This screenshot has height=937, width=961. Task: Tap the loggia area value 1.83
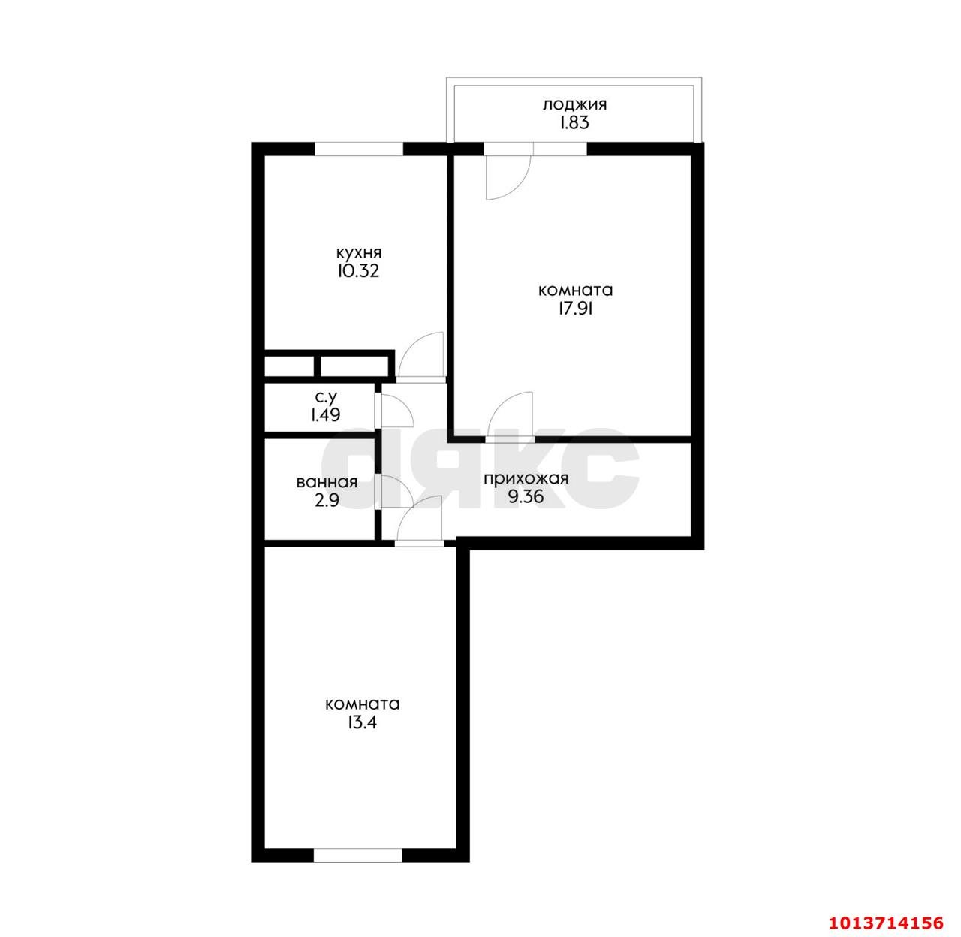(574, 124)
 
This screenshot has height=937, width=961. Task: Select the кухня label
(359, 252)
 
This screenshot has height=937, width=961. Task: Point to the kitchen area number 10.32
(359, 271)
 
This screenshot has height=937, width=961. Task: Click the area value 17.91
(575, 309)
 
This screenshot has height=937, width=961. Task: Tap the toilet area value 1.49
(326, 414)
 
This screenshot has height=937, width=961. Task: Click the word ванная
(326, 483)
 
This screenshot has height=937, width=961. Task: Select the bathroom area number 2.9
(326, 502)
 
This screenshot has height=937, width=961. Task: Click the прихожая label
(525, 478)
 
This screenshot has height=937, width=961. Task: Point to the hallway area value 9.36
(525, 497)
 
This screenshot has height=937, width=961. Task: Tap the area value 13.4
(362, 723)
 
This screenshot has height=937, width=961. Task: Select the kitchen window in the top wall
(359, 149)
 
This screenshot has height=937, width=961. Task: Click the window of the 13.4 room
(357, 855)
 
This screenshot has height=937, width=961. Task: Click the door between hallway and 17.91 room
(511, 417)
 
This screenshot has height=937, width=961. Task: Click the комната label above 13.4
(362, 704)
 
